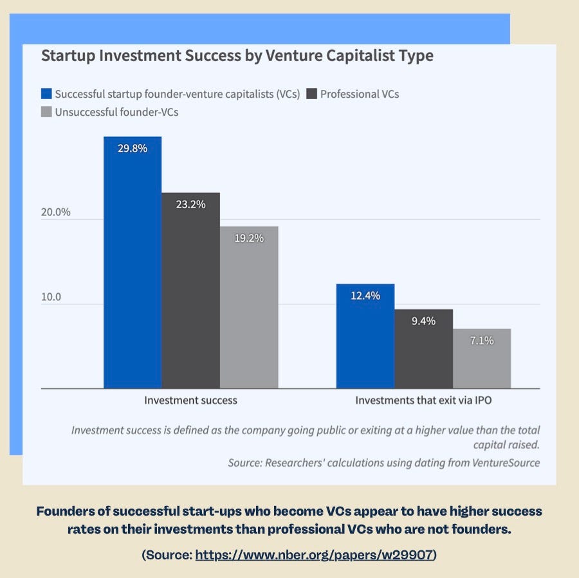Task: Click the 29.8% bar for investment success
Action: click(x=133, y=262)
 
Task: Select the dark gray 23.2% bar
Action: click(x=191, y=291)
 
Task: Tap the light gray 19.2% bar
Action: click(x=249, y=307)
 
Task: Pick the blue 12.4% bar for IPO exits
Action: click(x=365, y=336)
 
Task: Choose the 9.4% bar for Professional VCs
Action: click(x=423, y=348)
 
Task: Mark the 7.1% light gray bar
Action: click(x=482, y=358)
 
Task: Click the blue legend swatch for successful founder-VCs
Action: click(x=46, y=94)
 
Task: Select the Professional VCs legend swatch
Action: click(x=311, y=94)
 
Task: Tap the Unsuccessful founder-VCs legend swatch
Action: click(x=46, y=112)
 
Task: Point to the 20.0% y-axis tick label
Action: click(x=56, y=212)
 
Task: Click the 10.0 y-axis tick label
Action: click(x=51, y=297)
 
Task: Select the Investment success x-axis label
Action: click(x=190, y=401)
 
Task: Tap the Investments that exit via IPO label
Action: click(x=423, y=401)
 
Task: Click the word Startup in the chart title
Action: click(x=68, y=56)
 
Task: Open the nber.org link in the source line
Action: click(x=314, y=555)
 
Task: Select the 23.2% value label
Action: click(x=190, y=204)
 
